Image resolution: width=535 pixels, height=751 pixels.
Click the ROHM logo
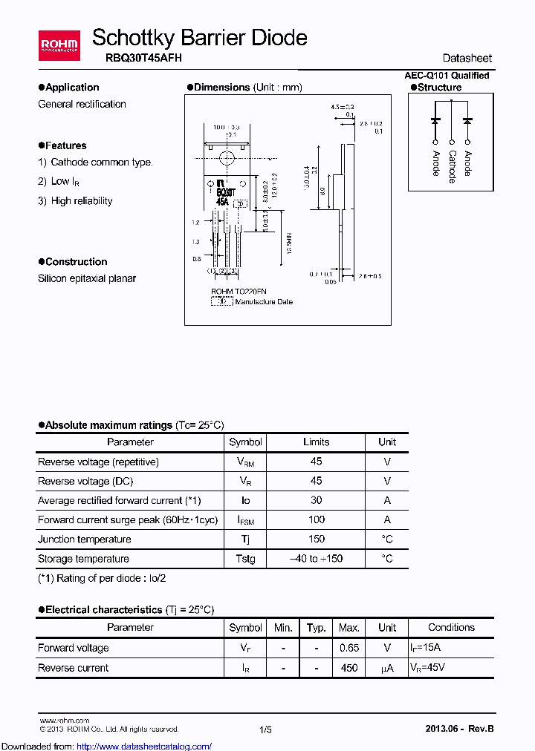59,45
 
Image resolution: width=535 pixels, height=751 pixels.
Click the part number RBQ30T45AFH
137,57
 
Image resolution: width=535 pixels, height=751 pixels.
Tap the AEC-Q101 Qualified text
447,75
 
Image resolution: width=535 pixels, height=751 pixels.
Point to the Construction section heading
76,261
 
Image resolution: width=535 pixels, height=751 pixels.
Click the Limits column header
316,442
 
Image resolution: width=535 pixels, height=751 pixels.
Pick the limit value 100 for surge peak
316,519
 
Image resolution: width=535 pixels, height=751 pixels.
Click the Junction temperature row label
85,539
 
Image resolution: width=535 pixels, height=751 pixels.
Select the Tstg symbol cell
245,558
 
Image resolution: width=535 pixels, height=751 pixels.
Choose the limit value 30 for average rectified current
316,500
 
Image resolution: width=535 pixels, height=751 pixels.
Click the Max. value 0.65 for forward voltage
349,647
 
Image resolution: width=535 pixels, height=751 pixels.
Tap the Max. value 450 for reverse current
349,667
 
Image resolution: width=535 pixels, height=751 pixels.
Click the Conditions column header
451,627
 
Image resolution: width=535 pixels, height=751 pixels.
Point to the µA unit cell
387,667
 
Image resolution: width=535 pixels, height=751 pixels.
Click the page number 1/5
266,729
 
